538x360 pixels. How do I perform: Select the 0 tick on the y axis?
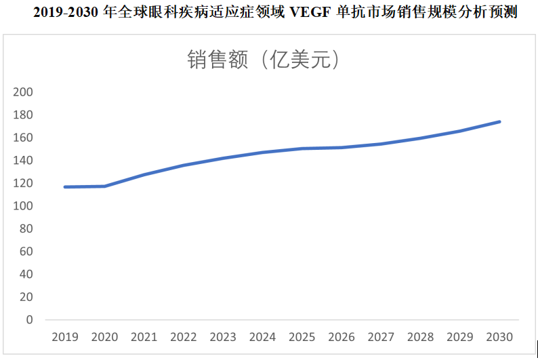coord(29,319)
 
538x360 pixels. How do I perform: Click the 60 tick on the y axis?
coord(26,252)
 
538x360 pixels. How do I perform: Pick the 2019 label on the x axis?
coord(65,337)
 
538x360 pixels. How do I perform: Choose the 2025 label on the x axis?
coord(302,337)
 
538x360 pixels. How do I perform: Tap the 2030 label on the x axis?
coord(499,337)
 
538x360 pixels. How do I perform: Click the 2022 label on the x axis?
coord(184,337)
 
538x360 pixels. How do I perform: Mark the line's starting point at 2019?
coord(65,186)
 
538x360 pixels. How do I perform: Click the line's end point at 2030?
coord(499,122)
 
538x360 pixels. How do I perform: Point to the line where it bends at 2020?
coord(104,186)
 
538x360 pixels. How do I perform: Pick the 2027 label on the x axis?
coord(381,337)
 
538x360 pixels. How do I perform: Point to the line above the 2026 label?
coord(342,147)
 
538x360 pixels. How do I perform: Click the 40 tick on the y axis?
coord(26,274)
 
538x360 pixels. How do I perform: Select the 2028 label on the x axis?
coord(420,337)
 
